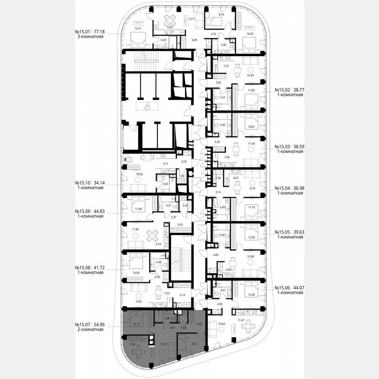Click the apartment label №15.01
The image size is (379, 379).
coord(83,32)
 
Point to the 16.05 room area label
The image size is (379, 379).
coord(250,33)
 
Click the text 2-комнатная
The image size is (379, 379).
coord(89,329)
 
